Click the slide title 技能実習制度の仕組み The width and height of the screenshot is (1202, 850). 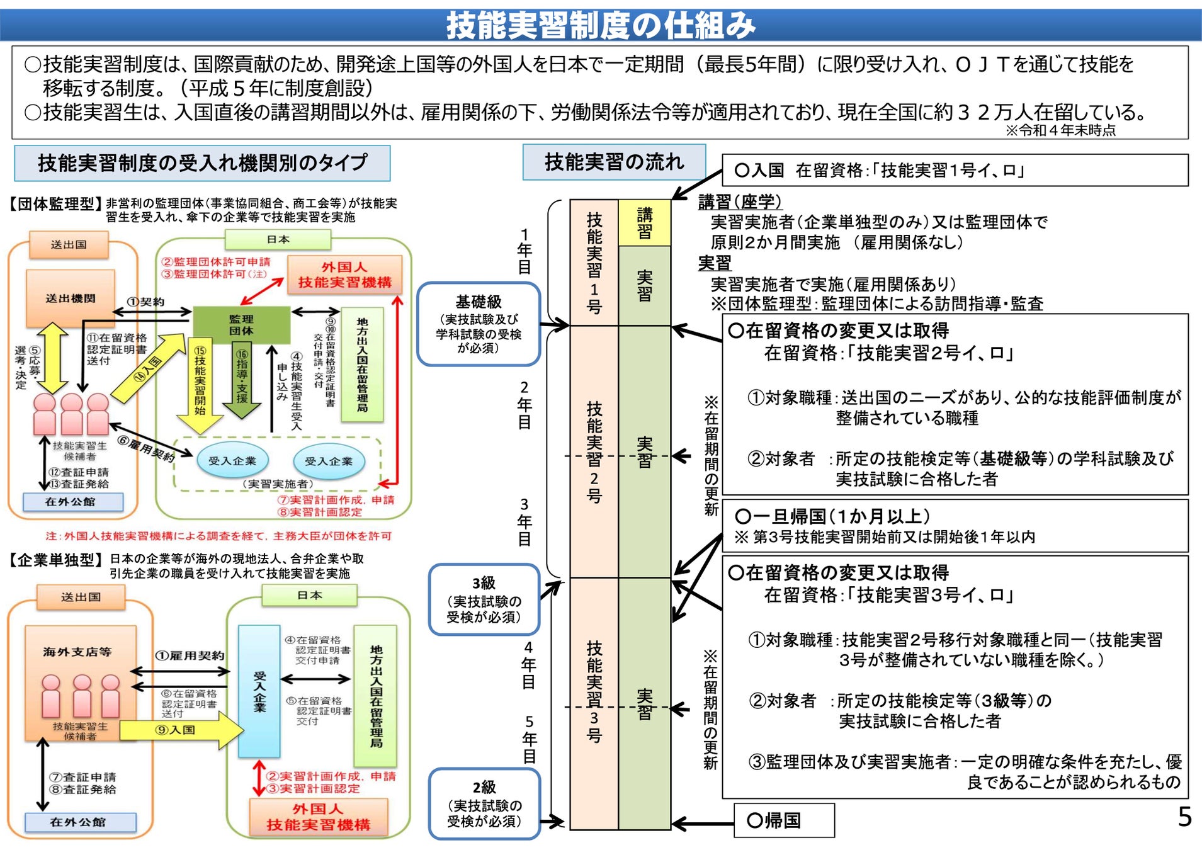click(x=600, y=25)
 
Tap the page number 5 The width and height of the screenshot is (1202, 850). click(x=1184, y=817)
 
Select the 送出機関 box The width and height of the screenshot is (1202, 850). click(x=71, y=298)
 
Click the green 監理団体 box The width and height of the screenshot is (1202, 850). click(x=241, y=325)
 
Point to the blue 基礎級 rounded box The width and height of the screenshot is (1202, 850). click(x=479, y=324)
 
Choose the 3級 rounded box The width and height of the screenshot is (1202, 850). click(x=484, y=599)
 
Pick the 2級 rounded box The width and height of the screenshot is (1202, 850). click(x=484, y=803)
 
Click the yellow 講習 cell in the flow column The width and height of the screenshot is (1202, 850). click(x=644, y=223)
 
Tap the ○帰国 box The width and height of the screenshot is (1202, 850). click(x=784, y=820)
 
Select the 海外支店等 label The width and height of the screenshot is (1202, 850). click(x=77, y=652)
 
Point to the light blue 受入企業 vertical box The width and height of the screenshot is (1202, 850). click(x=259, y=691)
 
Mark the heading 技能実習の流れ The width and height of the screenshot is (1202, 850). click(x=614, y=162)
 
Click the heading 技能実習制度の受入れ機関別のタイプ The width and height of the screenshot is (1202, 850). click(x=202, y=163)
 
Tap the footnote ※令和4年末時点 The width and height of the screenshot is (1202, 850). click(x=1060, y=130)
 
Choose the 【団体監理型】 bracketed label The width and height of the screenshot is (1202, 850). click(x=55, y=203)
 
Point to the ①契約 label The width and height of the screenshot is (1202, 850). click(x=146, y=302)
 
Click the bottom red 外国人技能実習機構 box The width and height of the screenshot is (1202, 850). click(x=318, y=817)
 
